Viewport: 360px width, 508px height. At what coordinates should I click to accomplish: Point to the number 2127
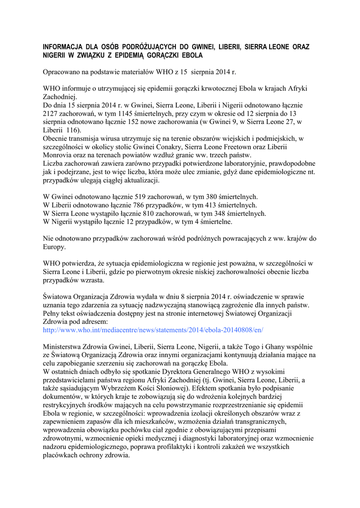click(52, 113)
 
